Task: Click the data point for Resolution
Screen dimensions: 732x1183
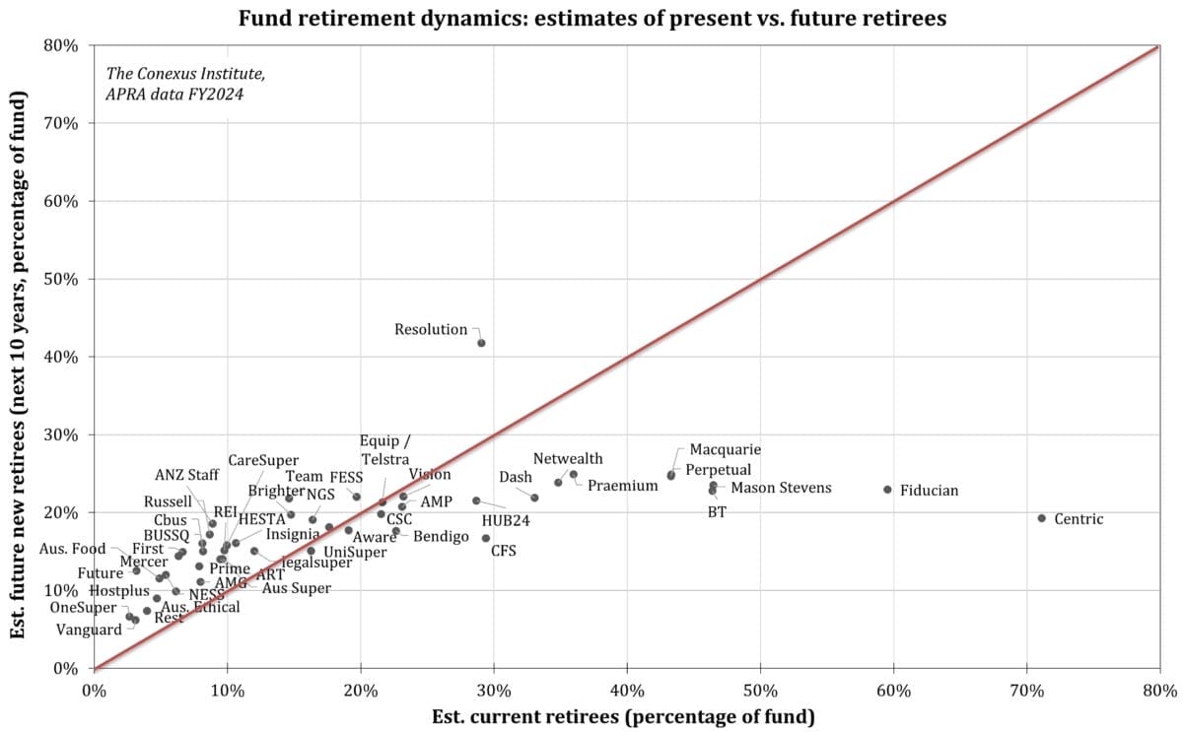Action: click(x=481, y=343)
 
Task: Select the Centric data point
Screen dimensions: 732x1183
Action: click(x=1041, y=518)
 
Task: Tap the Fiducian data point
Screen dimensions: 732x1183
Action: click(x=887, y=490)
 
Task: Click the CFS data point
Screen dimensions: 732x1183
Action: click(x=485, y=538)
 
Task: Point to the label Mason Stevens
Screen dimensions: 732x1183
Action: click(x=780, y=488)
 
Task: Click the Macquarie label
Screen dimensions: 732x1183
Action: click(x=725, y=449)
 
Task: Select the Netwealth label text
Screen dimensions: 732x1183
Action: click(x=568, y=459)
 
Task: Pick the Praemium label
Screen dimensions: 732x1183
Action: click(x=622, y=486)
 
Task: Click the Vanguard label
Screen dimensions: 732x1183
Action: click(x=89, y=630)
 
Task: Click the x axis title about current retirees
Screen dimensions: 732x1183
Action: click(x=623, y=716)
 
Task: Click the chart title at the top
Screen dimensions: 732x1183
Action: click(x=591, y=17)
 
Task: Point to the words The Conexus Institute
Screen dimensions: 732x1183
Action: click(x=184, y=74)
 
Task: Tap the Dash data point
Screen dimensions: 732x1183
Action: click(x=534, y=498)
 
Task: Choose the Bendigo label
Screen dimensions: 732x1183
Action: click(x=441, y=537)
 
